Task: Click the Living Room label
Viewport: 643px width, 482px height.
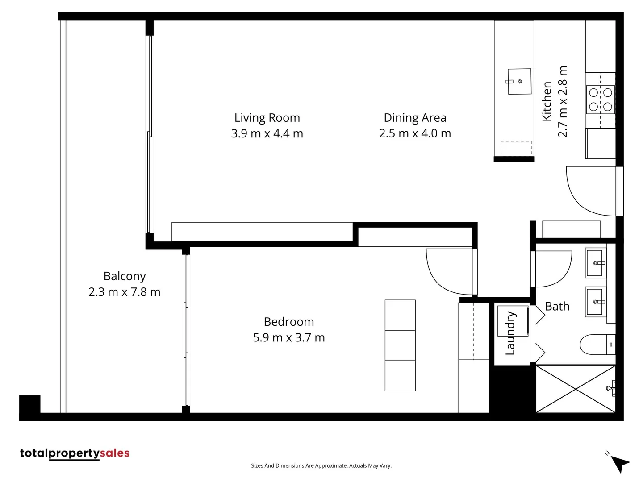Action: (x=267, y=118)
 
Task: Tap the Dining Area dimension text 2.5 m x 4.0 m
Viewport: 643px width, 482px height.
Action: (x=415, y=133)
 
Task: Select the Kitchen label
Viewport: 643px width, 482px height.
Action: (x=547, y=101)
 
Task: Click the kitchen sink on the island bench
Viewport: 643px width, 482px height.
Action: (x=519, y=82)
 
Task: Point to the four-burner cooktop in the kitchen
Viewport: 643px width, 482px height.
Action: (x=600, y=100)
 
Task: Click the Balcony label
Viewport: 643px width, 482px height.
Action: (x=125, y=276)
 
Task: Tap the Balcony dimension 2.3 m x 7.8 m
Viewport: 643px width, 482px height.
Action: (x=124, y=292)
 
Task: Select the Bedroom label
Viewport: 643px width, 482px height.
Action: (x=288, y=322)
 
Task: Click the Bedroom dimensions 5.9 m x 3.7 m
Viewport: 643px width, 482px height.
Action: (x=288, y=337)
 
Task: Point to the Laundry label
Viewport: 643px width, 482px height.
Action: (x=510, y=333)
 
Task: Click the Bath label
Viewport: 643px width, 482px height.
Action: (x=557, y=306)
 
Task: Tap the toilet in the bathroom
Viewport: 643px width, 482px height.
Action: (x=597, y=345)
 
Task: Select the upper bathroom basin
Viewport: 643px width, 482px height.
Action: (x=596, y=263)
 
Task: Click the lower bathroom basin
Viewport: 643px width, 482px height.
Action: (x=596, y=302)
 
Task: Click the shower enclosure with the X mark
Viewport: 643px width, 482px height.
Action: (x=576, y=389)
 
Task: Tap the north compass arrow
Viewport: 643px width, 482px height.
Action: (x=619, y=463)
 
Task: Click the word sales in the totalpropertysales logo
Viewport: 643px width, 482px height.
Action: (x=115, y=453)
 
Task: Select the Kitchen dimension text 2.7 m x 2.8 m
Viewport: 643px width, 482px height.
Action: (x=563, y=101)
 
